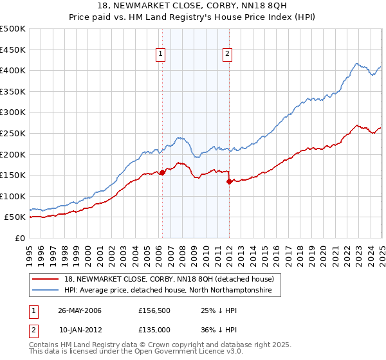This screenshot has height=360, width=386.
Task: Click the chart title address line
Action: coord(193,6)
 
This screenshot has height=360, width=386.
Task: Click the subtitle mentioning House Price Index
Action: coord(193,18)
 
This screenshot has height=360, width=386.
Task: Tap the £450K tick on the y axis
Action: coord(13,50)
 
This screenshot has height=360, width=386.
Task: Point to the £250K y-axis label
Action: coord(13,133)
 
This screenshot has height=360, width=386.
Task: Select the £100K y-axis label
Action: coord(13,196)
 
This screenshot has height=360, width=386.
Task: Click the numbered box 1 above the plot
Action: coord(160,55)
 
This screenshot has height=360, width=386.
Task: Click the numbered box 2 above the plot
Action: coord(228,55)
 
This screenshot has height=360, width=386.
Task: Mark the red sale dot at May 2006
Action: coord(163,172)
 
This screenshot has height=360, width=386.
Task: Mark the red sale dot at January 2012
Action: coord(229,181)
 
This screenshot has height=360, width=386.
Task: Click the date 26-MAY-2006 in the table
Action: coord(80,310)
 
